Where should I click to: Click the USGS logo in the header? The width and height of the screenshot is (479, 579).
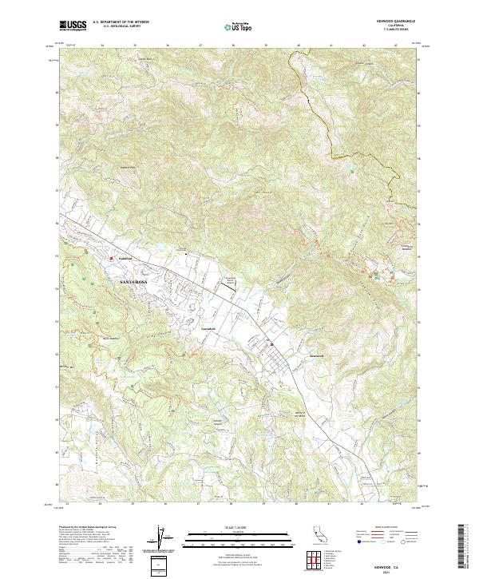point(73,26)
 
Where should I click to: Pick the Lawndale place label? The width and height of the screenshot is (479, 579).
point(208,329)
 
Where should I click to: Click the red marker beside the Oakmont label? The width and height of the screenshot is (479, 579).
point(111,258)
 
